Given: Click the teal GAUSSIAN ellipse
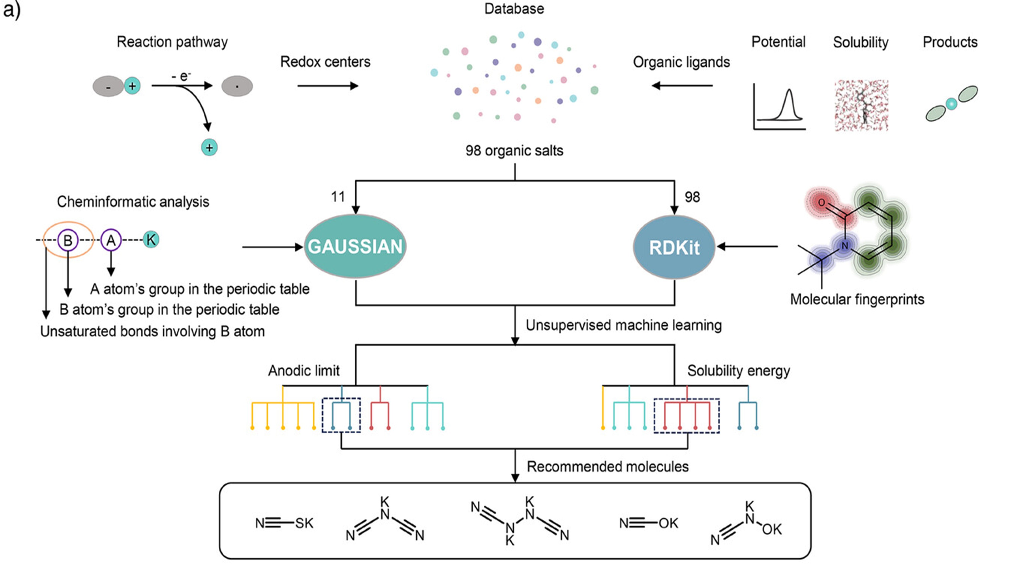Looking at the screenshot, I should (355, 246).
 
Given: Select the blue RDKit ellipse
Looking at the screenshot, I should (674, 247).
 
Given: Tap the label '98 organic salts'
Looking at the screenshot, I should (514, 151).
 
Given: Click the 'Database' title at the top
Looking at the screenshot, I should (514, 9).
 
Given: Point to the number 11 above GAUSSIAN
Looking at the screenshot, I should (338, 197).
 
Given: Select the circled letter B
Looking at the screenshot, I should (68, 240).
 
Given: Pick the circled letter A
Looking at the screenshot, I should (111, 240).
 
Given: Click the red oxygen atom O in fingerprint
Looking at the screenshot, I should (821, 202).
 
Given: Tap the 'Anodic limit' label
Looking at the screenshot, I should (303, 371).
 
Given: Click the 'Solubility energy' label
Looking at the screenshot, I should (739, 371).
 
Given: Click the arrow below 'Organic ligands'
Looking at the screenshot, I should (682, 85).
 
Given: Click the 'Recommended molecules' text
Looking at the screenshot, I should (608, 467).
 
